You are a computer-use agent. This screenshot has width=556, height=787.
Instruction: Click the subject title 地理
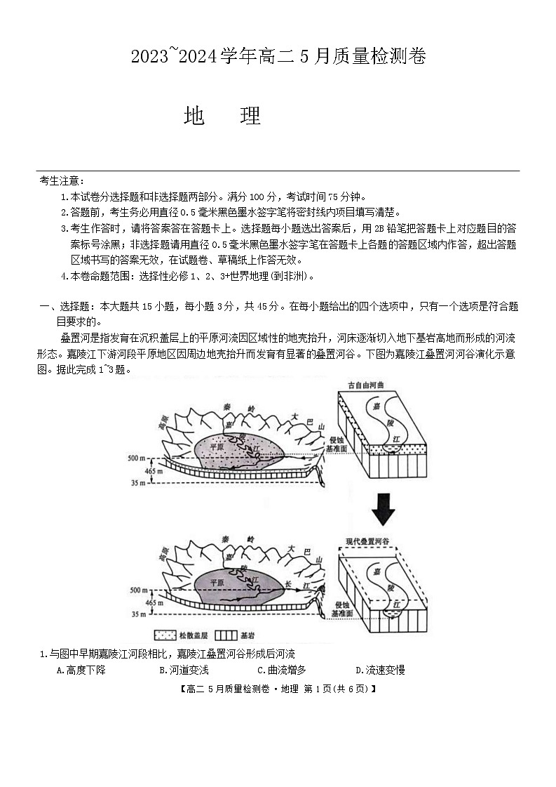tap(222, 117)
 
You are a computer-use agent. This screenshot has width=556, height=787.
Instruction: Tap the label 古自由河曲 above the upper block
tap(368, 385)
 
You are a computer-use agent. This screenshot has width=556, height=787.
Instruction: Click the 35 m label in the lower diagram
tap(138, 614)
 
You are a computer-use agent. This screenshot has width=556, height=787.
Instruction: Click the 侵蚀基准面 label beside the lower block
tap(343, 608)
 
